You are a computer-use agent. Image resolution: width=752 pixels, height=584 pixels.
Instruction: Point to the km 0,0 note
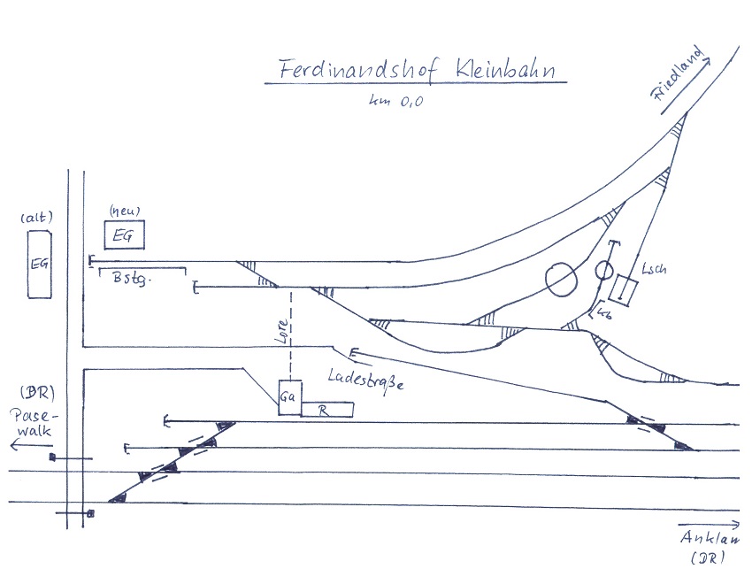(395, 101)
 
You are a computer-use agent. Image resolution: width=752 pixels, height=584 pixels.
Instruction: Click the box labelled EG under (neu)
(124, 235)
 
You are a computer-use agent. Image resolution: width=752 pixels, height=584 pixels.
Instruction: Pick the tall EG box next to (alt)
(38, 264)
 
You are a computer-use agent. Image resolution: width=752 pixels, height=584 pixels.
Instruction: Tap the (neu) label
(124, 211)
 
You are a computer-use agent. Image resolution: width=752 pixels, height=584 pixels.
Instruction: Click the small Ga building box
(289, 397)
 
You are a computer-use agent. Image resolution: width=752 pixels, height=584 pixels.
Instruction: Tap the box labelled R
(327, 409)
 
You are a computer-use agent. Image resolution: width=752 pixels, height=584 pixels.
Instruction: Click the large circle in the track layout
(561, 279)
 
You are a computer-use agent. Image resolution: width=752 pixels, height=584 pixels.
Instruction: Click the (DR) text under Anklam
(709, 558)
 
